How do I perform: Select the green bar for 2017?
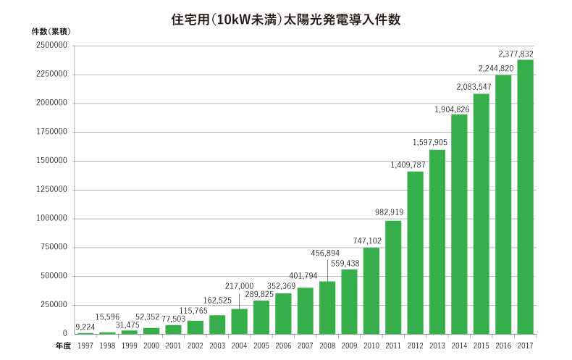[x=525, y=196]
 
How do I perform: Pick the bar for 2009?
[x=349, y=301]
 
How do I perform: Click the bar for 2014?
[x=459, y=224]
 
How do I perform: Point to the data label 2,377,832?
[x=516, y=54]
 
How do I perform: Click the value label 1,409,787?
[x=408, y=165]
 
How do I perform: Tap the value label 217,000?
[x=240, y=286]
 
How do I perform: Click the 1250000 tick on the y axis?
[x=51, y=190]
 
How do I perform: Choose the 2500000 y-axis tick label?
[x=51, y=46]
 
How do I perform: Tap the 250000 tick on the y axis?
[x=54, y=305]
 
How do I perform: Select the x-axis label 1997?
[x=85, y=346]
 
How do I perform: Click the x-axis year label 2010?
[x=371, y=346]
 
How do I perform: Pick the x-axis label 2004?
[x=240, y=346]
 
